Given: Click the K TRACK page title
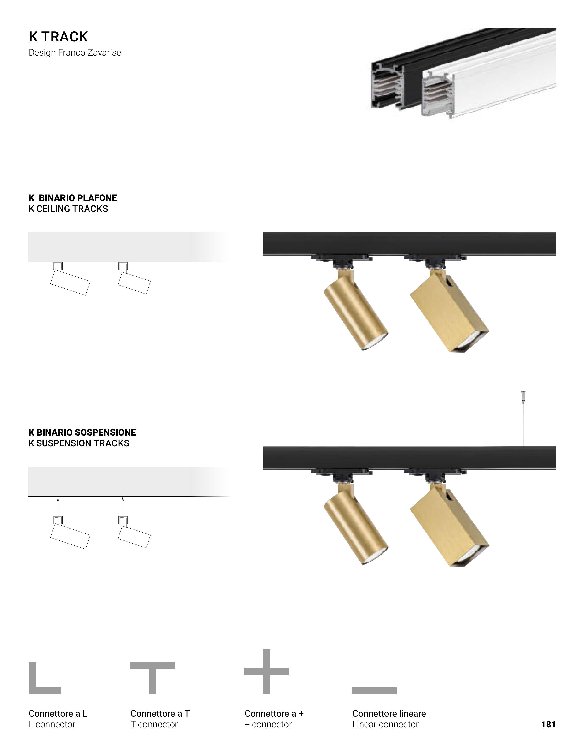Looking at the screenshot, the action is [x=58, y=37].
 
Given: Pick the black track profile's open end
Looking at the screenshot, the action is [x=387, y=86].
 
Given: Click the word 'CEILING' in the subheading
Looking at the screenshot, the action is [x=54, y=209].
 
